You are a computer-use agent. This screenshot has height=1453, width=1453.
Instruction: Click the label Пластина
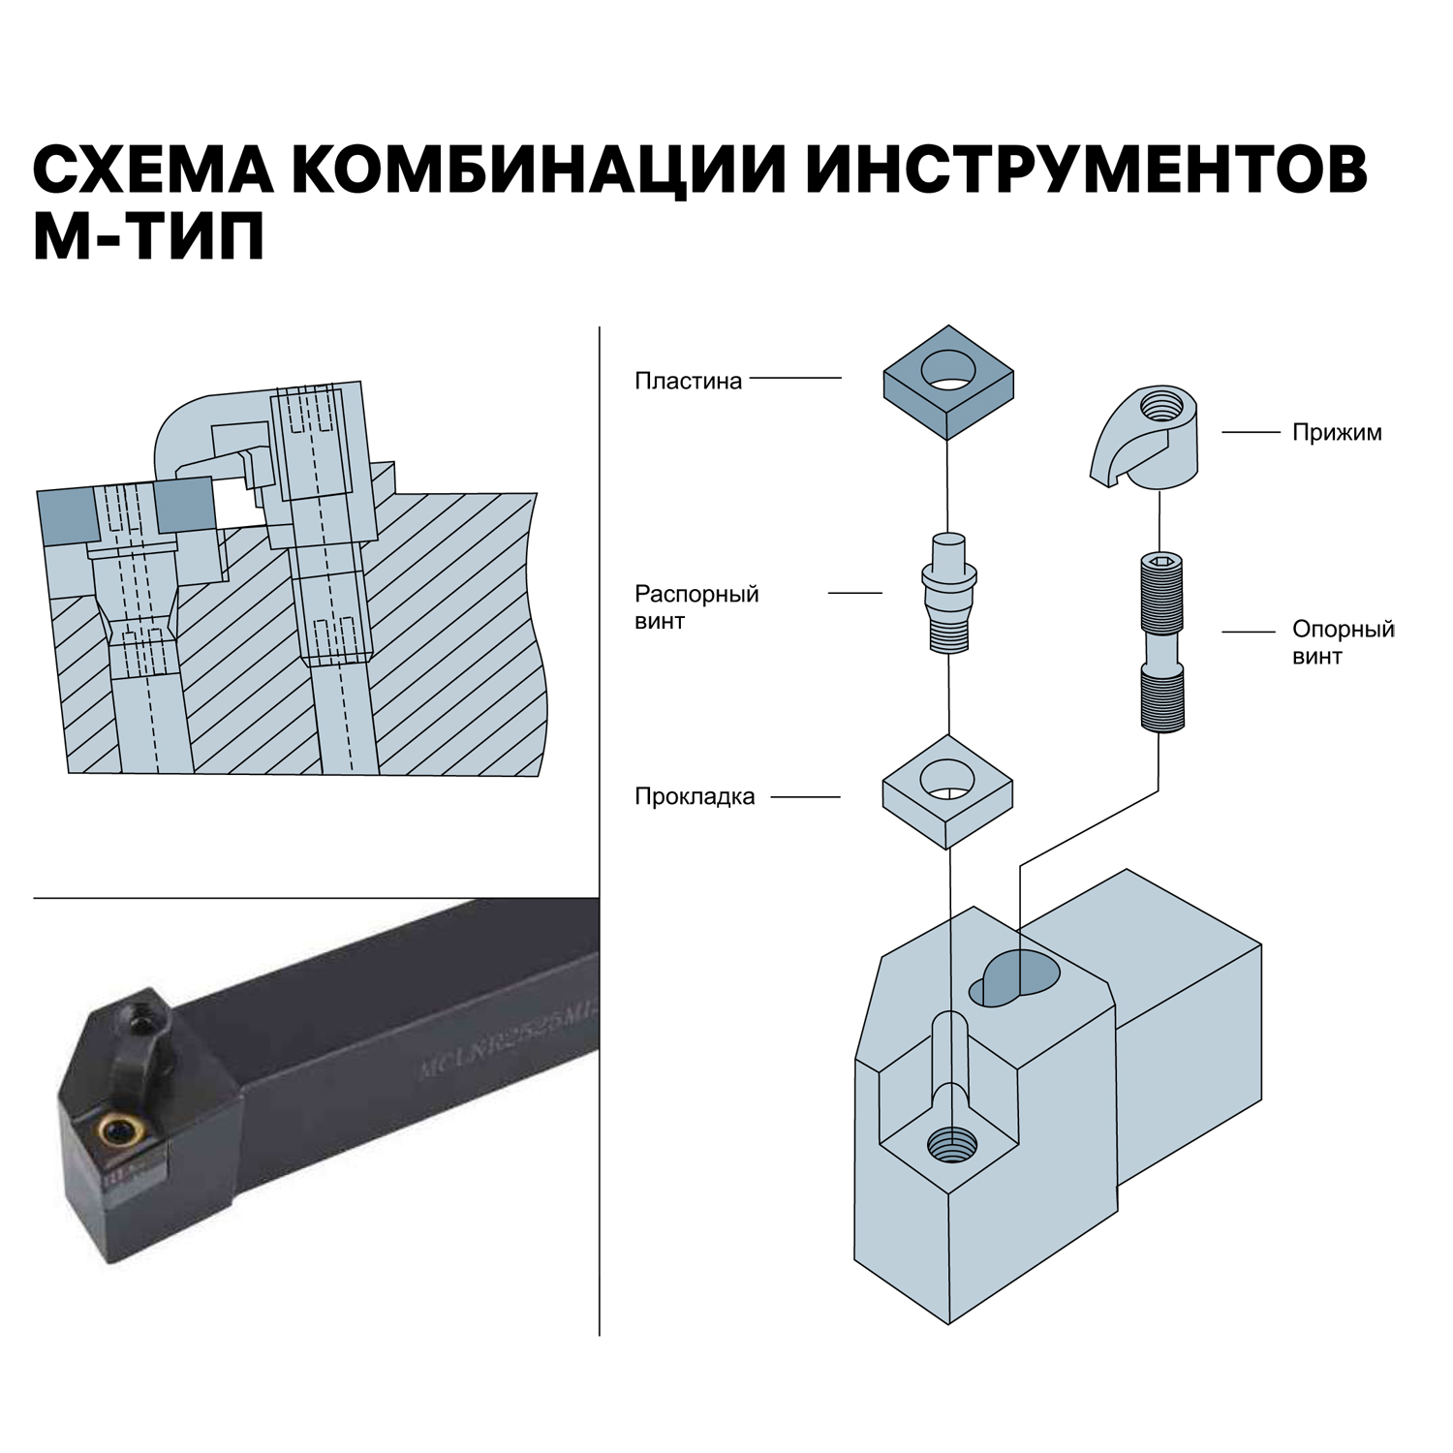click(x=688, y=381)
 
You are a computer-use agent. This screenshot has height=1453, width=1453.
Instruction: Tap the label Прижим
click(x=1336, y=432)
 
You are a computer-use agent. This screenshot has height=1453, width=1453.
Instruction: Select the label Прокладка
click(x=694, y=797)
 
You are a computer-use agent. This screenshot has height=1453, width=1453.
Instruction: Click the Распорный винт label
click(x=696, y=607)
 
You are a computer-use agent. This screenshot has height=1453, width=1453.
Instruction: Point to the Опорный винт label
click(x=1343, y=642)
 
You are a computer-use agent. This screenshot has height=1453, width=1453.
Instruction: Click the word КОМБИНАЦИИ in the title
click(x=537, y=170)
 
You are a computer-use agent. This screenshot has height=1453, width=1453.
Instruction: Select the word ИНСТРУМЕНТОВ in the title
click(x=1086, y=170)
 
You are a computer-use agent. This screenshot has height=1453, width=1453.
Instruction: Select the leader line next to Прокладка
click(x=804, y=797)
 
